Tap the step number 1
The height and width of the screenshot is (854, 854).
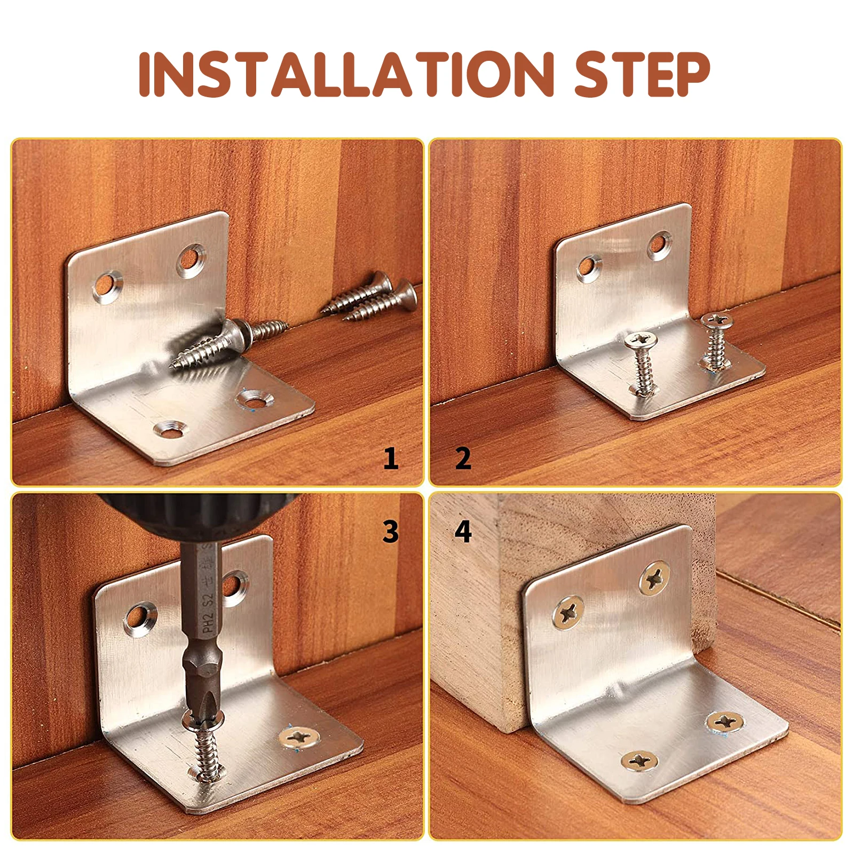[x=391, y=458]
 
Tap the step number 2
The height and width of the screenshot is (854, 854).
[x=463, y=458]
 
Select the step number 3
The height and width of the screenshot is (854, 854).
[x=391, y=532]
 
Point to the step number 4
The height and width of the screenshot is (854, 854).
[x=463, y=532]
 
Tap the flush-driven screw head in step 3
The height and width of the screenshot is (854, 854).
[x=299, y=738]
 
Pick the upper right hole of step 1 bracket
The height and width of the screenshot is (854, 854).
[x=191, y=260]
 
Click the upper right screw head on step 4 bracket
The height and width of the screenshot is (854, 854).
[x=655, y=578]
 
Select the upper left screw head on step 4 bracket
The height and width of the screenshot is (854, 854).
[x=568, y=612]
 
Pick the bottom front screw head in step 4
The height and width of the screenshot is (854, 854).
[x=639, y=760]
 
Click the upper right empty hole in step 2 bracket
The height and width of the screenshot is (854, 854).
[x=660, y=246]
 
